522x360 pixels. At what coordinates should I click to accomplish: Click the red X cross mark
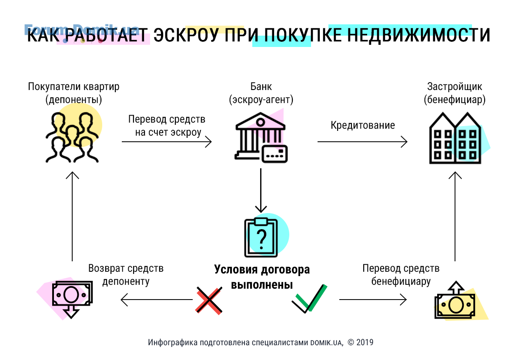209,300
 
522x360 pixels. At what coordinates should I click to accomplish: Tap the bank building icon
261,137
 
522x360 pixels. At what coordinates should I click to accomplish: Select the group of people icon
72,137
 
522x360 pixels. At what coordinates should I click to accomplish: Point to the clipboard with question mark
261,237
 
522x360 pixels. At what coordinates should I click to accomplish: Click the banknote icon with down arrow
72,299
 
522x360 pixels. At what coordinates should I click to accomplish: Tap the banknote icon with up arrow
455,300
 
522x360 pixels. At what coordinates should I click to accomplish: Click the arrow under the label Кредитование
362,142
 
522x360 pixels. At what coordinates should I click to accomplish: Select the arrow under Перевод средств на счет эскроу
167,142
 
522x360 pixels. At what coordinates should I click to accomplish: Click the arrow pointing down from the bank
261,190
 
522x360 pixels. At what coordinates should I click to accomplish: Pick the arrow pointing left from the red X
157,300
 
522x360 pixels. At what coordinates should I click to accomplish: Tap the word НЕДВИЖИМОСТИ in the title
419,35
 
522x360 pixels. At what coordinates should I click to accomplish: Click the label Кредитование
363,125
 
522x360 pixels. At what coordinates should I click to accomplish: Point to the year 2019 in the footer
365,342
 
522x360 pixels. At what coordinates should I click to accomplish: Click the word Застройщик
455,87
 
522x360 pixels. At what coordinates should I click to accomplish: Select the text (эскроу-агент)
261,100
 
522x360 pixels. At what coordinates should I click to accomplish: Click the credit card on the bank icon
274,153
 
